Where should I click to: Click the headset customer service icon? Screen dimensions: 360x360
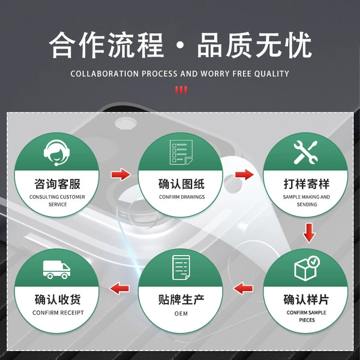coord(57,152)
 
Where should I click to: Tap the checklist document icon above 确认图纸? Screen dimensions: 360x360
coord(181,152)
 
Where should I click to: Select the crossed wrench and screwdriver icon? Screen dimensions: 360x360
coord(305,152)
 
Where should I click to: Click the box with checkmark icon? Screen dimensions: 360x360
coord(307,268)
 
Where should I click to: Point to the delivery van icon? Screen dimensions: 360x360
coord(57,269)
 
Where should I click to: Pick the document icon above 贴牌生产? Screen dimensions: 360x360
coord(181,268)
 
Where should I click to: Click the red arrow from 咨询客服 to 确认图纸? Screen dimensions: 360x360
coord(121,174)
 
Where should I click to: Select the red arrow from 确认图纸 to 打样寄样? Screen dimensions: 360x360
coord(245,174)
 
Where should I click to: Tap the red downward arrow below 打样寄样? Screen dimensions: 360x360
coord(309,233)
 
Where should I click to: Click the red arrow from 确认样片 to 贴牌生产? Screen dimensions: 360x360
coord(243,288)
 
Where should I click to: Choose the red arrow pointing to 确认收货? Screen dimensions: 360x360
coord(119,288)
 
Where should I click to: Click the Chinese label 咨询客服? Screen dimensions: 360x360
coord(58,184)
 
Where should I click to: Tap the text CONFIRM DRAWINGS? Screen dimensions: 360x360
coord(182,197)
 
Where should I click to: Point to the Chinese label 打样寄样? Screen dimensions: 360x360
coord(307,184)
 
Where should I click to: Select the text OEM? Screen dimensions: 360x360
coord(181,313)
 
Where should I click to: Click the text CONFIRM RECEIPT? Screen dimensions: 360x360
coord(58,313)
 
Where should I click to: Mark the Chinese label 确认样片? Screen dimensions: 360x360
coord(306,299)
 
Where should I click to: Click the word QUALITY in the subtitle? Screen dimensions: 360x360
coord(272,74)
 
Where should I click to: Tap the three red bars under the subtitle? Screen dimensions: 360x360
coord(181,90)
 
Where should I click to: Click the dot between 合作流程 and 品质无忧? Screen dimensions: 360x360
coord(181,45)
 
